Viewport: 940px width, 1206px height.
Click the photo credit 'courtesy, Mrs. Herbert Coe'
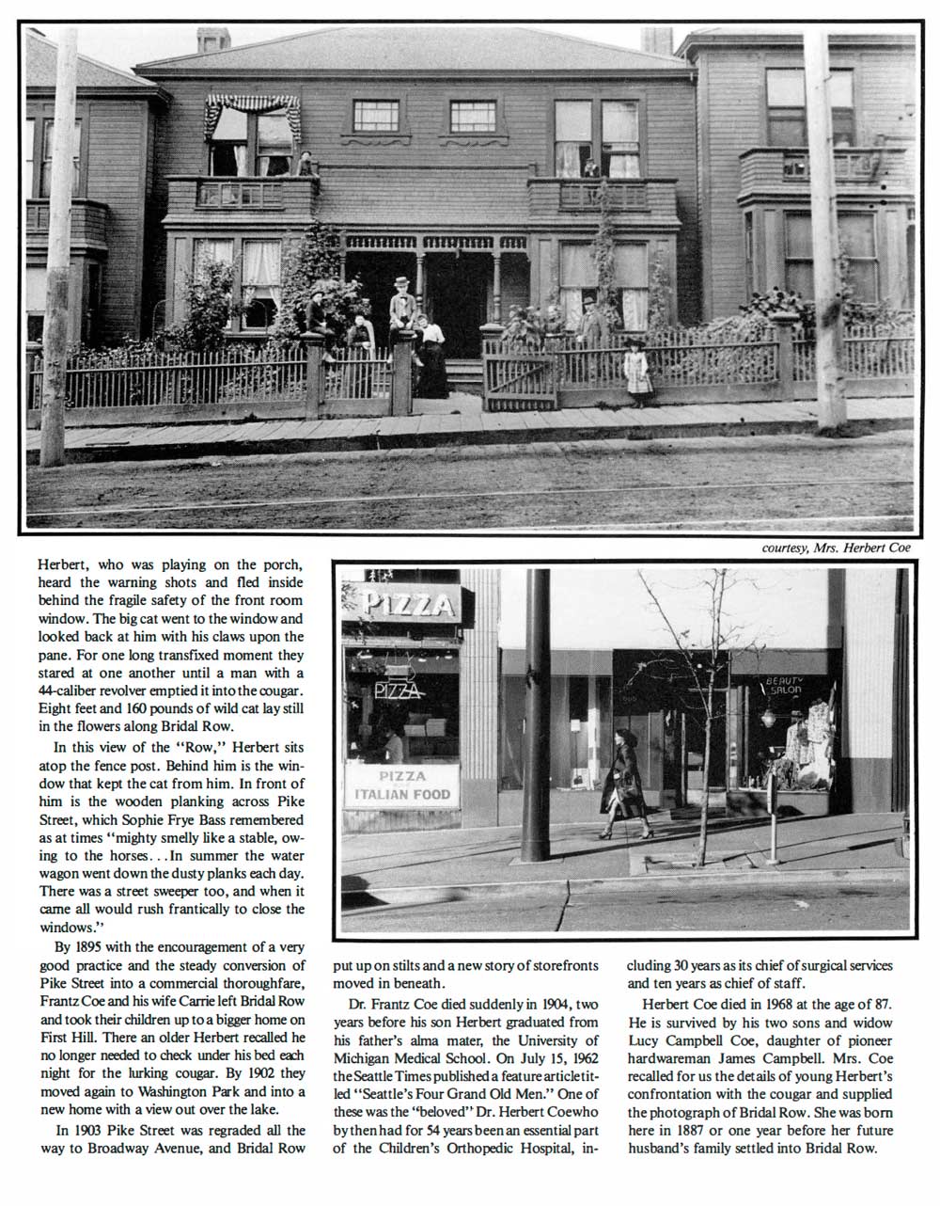[836, 547]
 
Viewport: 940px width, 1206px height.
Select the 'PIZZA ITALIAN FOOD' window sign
[402, 785]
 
